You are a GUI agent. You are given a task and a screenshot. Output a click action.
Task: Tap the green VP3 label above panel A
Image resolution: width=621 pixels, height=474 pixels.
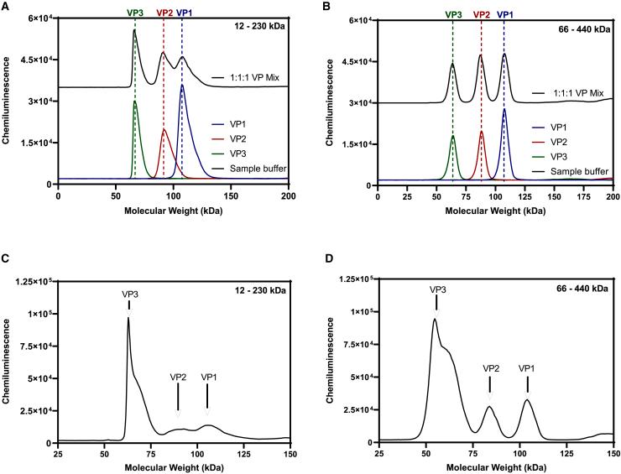point(134,13)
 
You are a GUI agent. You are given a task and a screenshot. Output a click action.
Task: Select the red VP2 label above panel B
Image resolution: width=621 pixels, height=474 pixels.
point(482,13)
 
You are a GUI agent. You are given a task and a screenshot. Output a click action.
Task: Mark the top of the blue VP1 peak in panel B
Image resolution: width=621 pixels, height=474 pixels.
point(504,109)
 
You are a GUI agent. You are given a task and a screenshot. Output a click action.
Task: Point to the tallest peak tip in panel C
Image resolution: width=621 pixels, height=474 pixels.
point(128,317)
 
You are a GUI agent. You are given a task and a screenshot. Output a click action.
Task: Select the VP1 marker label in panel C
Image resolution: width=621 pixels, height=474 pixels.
point(208,377)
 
